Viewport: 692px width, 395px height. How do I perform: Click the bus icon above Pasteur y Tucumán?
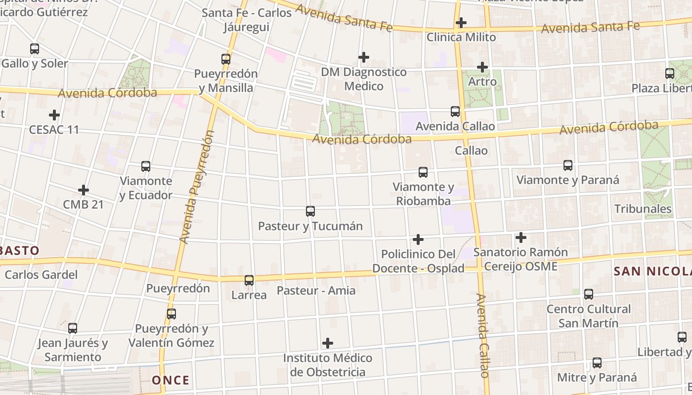point(310,211)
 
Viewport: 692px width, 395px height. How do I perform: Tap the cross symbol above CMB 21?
point(84,190)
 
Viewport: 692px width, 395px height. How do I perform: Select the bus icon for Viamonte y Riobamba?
point(423,172)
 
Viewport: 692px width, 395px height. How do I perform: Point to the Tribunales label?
point(643,209)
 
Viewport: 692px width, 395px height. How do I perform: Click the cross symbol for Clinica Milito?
point(461,23)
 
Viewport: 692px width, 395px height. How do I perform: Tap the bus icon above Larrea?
point(249,280)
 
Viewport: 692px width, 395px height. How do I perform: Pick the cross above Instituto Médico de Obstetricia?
point(328,343)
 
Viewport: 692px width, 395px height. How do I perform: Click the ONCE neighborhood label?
point(171,380)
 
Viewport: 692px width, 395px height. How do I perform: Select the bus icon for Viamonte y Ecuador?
point(146,166)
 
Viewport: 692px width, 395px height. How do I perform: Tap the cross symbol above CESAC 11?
point(54,115)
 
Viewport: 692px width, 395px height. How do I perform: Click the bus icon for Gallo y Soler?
point(35,49)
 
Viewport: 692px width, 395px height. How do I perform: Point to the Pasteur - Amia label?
point(316,290)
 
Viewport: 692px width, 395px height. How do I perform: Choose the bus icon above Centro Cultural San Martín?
point(589,294)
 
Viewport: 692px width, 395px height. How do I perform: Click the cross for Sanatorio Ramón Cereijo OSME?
point(521,238)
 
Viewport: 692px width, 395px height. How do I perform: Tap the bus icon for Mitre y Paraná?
point(597,363)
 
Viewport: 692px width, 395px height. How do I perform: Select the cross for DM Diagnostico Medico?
point(364,58)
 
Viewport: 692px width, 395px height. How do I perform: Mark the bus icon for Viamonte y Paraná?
point(568,165)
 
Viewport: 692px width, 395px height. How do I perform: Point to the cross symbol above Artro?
point(482,67)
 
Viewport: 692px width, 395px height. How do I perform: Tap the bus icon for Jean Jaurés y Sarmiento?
point(73,328)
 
